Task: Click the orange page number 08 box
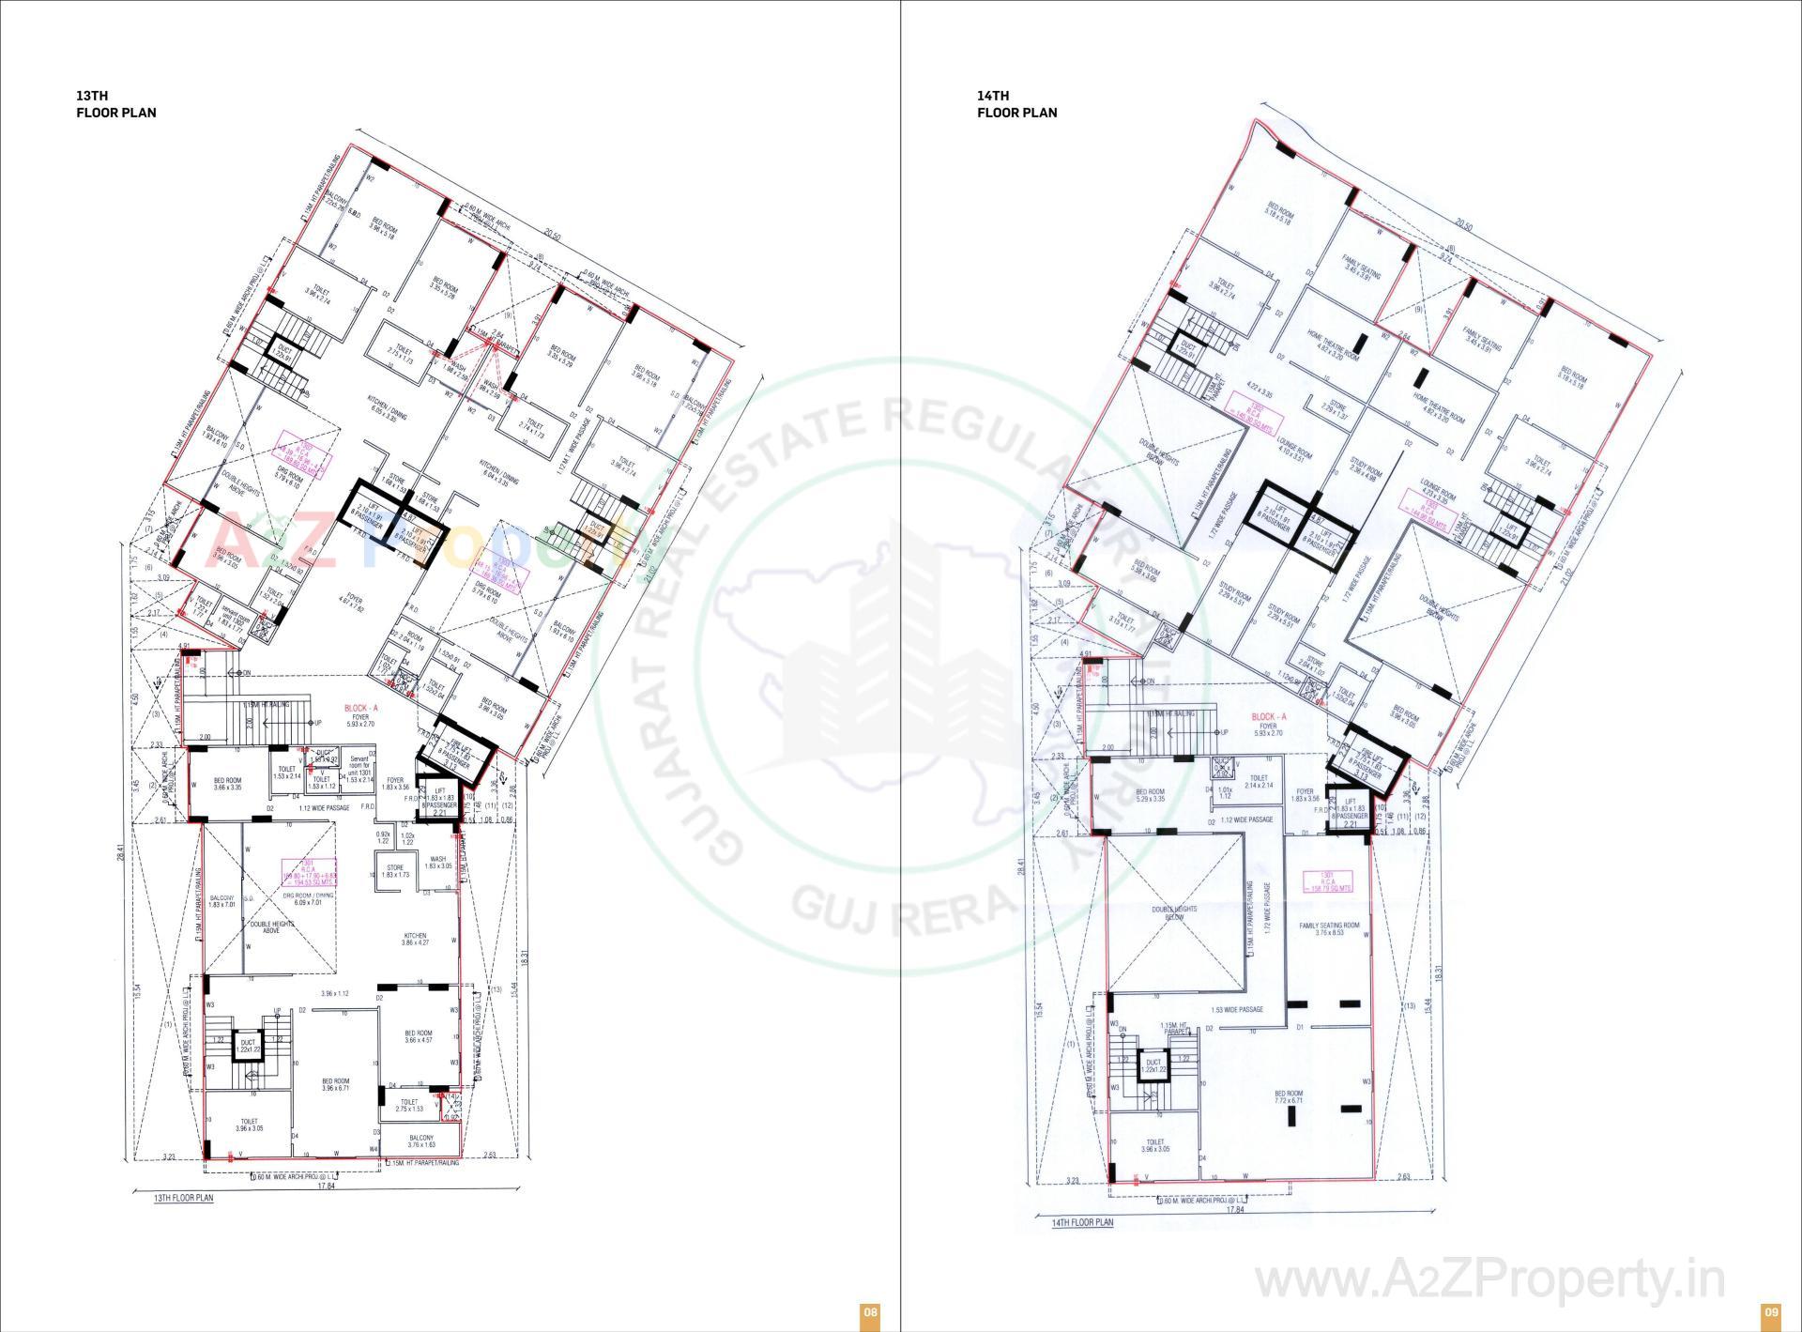(870, 1311)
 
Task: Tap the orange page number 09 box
(1771, 1311)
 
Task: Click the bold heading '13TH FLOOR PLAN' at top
(116, 104)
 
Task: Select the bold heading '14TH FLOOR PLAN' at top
(1016, 104)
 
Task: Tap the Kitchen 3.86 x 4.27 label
(415, 939)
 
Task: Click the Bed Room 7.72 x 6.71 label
(1289, 1097)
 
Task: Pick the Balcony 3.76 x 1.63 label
(421, 1141)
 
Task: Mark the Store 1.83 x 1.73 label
(395, 871)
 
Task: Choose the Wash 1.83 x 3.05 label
(438, 863)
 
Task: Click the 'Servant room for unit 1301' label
(360, 769)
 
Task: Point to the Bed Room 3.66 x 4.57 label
(418, 1036)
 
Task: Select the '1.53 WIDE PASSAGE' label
(1236, 1009)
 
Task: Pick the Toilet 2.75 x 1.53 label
(409, 1105)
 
